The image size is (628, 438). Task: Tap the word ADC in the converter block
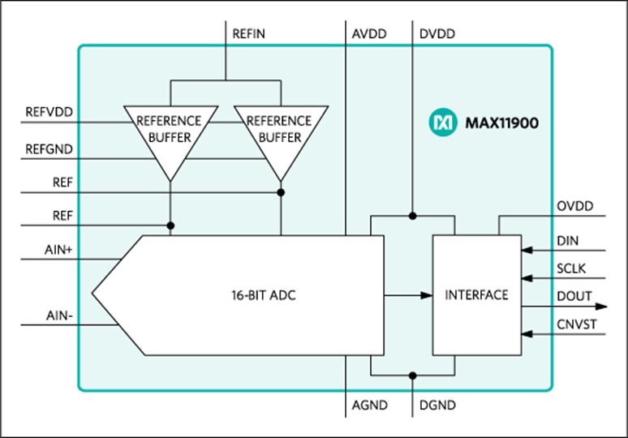pos(283,295)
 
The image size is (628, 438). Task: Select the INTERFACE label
pos(476,294)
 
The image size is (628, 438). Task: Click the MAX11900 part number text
pos(501,124)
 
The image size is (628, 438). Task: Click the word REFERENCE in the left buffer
pos(169,121)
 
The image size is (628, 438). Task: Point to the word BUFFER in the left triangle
pos(170,137)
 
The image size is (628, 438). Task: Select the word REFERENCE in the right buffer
pos(279,121)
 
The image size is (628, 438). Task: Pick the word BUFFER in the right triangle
pos(280,137)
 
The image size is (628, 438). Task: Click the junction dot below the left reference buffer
pos(170,225)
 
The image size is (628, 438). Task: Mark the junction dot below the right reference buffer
pos(281,192)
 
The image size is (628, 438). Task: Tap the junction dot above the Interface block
pos(412,216)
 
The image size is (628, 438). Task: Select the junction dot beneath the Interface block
pos(412,376)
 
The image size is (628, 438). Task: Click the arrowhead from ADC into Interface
pos(427,295)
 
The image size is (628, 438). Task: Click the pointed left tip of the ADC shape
pos(93,295)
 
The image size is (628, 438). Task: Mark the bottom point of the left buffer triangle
pos(170,180)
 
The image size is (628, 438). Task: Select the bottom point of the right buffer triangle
pos(281,180)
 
